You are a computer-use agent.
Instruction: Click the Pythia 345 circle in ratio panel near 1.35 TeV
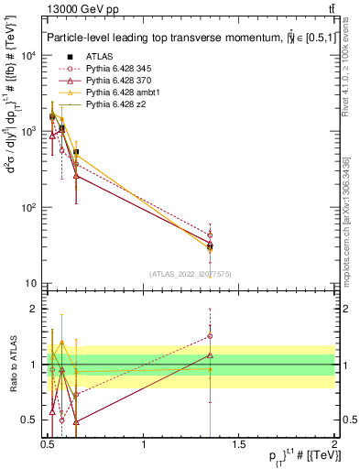(x=210, y=336)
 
